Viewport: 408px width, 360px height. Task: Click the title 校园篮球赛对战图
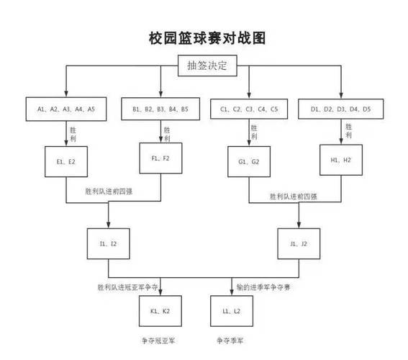click(x=207, y=38)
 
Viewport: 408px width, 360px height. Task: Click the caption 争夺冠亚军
click(x=158, y=341)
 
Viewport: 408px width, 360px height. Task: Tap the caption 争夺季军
click(x=230, y=341)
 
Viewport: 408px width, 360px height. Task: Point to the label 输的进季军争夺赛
click(x=263, y=287)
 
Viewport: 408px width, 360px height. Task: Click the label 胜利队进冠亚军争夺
click(x=128, y=287)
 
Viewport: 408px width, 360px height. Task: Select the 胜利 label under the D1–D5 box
click(x=348, y=131)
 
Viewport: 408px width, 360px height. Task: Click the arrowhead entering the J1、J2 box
click(x=299, y=225)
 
